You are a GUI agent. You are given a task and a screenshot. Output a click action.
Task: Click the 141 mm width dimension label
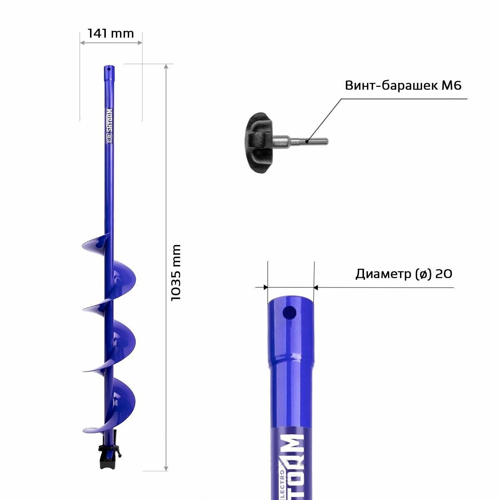coord(111,33)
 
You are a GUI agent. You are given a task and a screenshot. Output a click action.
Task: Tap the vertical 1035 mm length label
coord(176,273)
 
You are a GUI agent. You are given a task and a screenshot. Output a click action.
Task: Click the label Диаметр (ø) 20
coord(403,274)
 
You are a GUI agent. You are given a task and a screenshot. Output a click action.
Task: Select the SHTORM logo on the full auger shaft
coord(109,120)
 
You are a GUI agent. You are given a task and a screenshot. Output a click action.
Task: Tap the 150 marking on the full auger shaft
coord(109,141)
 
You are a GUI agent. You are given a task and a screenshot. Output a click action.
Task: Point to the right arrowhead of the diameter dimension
coord(316,287)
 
